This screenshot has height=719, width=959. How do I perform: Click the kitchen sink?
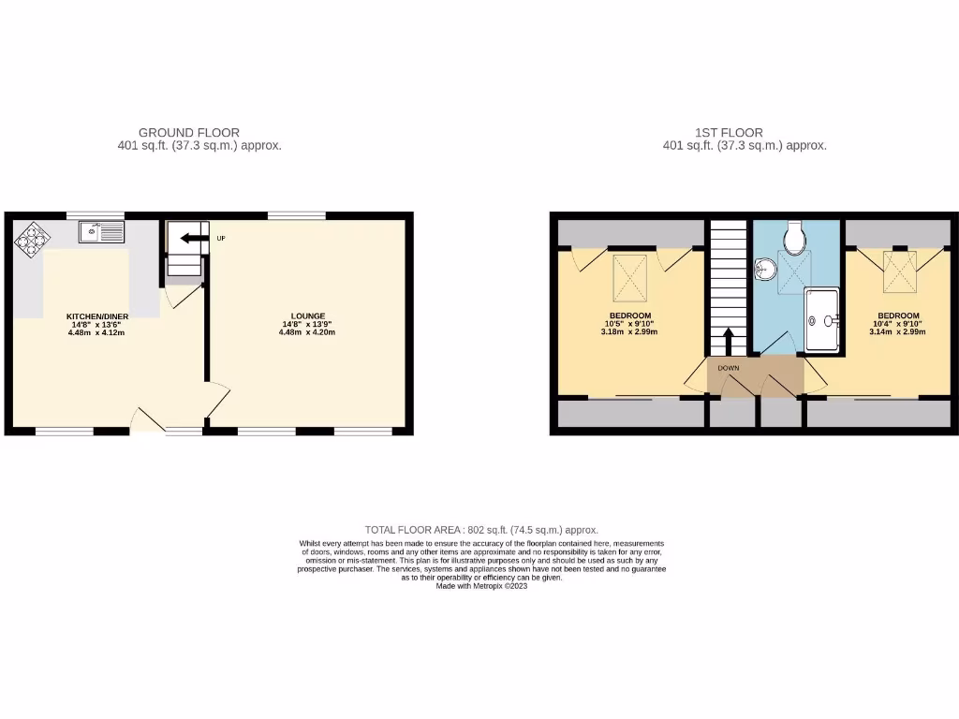point(101,230)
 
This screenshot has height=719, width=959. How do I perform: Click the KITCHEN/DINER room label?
point(96,316)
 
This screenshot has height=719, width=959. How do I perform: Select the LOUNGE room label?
point(308,316)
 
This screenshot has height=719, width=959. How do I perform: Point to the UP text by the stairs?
point(221,238)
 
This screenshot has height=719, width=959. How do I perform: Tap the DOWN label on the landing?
point(729,368)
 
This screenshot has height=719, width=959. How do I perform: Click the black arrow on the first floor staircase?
point(728,341)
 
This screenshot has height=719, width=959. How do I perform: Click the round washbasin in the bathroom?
point(764,269)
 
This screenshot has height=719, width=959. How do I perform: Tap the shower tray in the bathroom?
point(821,320)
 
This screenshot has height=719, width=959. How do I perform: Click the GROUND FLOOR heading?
point(188,133)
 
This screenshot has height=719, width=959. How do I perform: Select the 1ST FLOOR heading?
point(729,133)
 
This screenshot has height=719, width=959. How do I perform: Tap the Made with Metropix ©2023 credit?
point(481,586)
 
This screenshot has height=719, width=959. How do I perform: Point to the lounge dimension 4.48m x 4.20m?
point(308,332)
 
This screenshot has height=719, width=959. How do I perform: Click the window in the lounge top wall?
point(296,216)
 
